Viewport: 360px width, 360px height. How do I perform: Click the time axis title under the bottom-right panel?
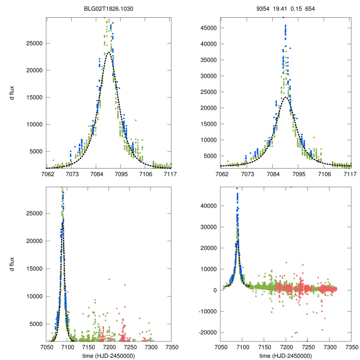tap(285, 355)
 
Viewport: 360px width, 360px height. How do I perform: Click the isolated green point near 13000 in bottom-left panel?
tap(109, 279)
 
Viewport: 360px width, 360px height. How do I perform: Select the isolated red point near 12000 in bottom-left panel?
tap(125, 285)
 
